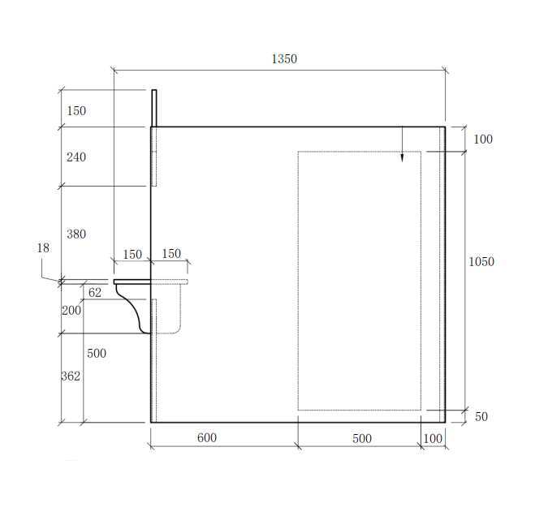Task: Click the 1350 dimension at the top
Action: click(x=284, y=59)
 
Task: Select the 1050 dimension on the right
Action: click(x=481, y=261)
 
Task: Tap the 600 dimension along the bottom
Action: click(x=207, y=437)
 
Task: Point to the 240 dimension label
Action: click(x=76, y=157)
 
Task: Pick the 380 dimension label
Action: click(x=76, y=234)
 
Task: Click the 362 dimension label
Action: click(x=71, y=376)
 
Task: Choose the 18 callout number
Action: click(x=43, y=248)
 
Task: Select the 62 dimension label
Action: click(x=95, y=293)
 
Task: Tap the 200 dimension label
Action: click(x=71, y=311)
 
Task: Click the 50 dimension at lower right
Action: click(x=481, y=416)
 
